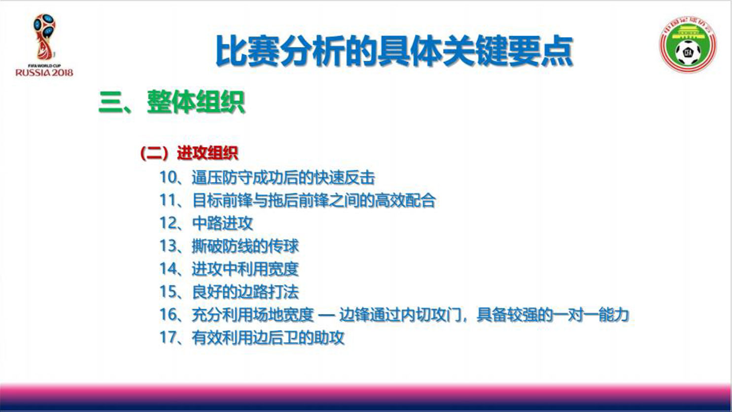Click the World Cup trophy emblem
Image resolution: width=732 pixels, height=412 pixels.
tap(44, 37)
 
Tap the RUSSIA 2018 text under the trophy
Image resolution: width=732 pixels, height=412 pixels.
tap(44, 72)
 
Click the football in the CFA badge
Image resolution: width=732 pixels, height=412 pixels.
tap(688, 52)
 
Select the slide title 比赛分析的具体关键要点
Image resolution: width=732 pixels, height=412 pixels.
tap(394, 51)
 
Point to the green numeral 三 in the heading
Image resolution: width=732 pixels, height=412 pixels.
tap(110, 102)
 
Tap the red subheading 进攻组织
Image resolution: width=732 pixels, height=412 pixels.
tap(208, 153)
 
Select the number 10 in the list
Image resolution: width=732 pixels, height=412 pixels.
tap(168, 177)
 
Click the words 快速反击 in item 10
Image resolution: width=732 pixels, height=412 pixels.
tap(344, 178)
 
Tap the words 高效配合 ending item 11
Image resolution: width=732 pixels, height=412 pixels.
tap(405, 200)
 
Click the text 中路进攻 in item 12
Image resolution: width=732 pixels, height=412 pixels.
tap(222, 224)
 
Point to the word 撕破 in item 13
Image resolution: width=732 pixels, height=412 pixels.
tap(207, 246)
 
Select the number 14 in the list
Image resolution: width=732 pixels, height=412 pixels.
tap(168, 269)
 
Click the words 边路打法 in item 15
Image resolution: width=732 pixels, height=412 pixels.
tap(268, 292)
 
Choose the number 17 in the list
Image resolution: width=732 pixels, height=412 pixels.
tap(168, 337)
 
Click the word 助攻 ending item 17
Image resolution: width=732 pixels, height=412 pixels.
tap(329, 338)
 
